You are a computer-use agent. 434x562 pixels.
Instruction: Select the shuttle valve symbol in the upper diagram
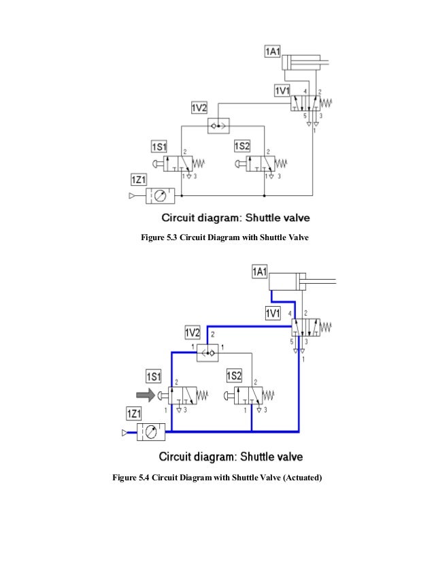(x=218, y=126)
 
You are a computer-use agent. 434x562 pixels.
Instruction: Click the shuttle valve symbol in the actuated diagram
(x=207, y=350)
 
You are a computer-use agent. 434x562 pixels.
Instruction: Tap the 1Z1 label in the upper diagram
(x=140, y=179)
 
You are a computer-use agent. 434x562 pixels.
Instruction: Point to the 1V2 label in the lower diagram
(x=193, y=333)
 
